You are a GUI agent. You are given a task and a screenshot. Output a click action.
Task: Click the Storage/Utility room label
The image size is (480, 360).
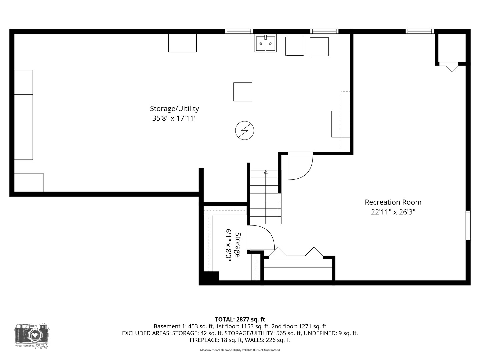tap(174, 109)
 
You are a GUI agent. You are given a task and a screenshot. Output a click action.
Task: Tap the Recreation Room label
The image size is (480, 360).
tap(393, 202)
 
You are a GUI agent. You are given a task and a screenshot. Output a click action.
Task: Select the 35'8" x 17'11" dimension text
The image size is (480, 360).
tap(174, 118)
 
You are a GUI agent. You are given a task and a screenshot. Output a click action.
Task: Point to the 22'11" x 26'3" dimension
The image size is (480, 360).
tap(393, 212)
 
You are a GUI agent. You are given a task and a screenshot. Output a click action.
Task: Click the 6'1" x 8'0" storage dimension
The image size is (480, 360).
tap(229, 243)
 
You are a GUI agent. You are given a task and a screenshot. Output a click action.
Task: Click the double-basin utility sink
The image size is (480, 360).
tap(265, 43)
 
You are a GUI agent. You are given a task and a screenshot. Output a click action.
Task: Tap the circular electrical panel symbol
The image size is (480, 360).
tap(244, 130)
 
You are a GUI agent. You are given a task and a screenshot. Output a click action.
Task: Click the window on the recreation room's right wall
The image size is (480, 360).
tap(468, 225)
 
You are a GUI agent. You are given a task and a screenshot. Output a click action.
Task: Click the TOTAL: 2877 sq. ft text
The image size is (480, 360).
tap(240, 320)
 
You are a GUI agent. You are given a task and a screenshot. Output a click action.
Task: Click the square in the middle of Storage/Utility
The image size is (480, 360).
tap(243, 92)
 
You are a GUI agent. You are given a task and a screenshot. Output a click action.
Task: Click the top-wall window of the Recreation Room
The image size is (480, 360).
tap(420, 31)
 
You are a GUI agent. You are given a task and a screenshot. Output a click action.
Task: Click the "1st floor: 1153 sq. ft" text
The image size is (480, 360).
tap(242, 327)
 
